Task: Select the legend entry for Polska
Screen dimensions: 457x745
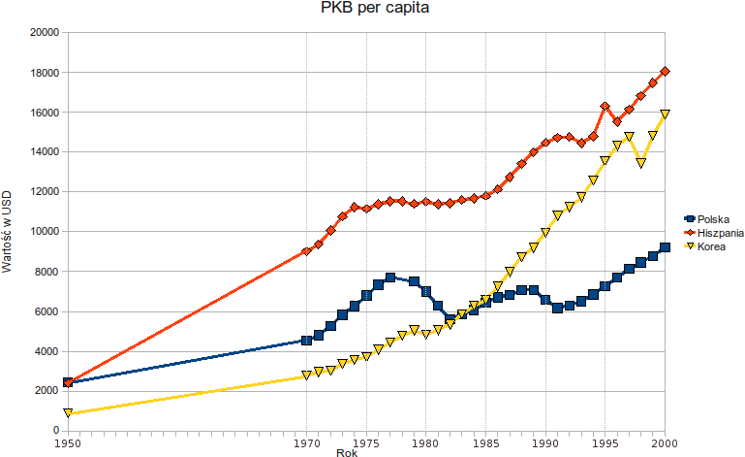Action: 711,220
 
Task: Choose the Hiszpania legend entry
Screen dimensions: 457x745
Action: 718,234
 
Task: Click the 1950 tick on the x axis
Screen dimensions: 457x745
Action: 68,442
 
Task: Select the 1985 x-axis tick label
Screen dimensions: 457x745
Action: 485,442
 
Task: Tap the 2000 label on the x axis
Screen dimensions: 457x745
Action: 664,442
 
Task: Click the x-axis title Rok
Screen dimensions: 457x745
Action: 346,452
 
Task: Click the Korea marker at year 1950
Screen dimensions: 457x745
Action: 68,412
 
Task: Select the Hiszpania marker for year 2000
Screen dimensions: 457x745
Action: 665,71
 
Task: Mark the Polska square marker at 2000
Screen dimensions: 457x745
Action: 665,247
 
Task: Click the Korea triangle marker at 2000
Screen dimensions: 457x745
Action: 665,114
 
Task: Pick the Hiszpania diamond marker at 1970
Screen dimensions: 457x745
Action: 306,251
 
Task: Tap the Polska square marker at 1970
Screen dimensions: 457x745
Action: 306,340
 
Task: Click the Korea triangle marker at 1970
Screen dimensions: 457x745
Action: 306,375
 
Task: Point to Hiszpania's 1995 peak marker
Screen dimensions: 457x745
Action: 605,106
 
